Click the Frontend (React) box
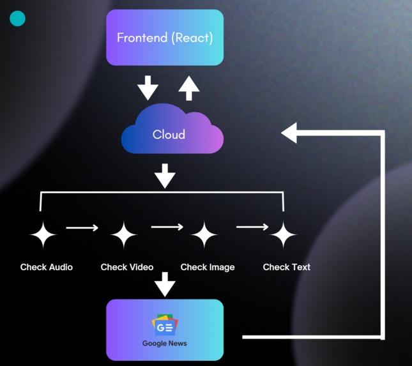tap(165, 37)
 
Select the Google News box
tap(165, 330)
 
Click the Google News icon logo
tap(164, 325)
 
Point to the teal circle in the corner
tap(18, 19)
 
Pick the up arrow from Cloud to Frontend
tap(188, 88)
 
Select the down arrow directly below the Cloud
tap(165, 176)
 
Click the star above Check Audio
tap(43, 235)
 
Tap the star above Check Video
tap(124, 235)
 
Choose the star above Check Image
tap(204, 235)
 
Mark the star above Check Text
tap(283, 235)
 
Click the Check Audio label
tap(47, 267)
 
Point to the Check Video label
tap(127, 267)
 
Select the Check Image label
tap(208, 267)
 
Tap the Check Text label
tap(287, 267)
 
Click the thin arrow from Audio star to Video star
tap(82, 227)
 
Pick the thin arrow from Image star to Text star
tap(252, 227)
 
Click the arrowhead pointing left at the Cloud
tap(289, 133)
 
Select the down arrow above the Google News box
tap(165, 284)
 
